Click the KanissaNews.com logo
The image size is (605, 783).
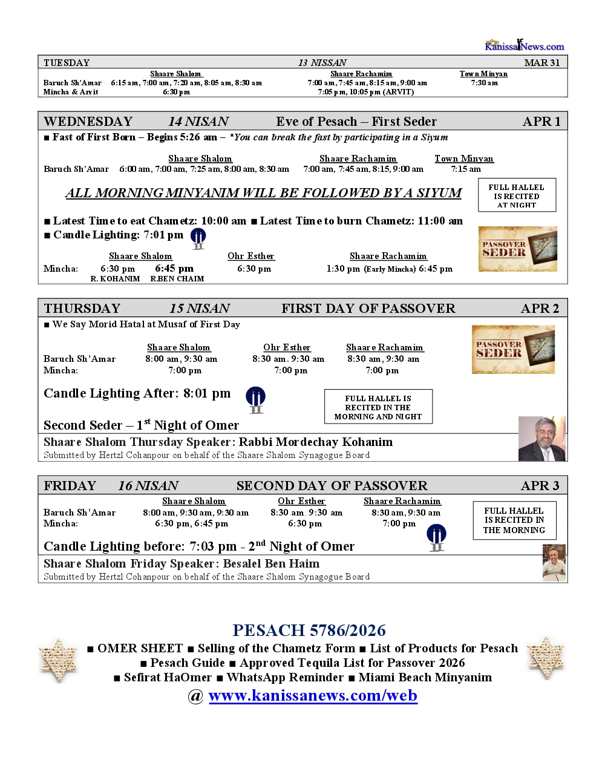[524, 45]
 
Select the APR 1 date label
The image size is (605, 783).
[541, 121]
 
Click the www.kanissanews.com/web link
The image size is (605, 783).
[313, 695]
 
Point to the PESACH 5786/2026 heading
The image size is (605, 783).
[309, 631]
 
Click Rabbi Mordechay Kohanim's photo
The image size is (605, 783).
[542, 439]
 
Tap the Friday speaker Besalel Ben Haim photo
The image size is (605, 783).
[554, 563]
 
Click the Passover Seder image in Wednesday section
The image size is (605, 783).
[517, 249]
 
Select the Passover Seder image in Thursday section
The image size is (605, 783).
[513, 349]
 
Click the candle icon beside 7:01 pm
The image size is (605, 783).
[198, 238]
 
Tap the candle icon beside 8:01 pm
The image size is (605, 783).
[255, 399]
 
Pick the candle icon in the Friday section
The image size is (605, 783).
[436, 537]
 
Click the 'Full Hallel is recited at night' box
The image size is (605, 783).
[517, 195]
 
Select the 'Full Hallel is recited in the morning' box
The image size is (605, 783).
[514, 520]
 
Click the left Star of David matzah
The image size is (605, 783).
[58, 661]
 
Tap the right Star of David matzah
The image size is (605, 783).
[546, 658]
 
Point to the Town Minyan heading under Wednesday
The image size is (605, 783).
[463, 159]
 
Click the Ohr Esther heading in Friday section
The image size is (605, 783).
[301, 501]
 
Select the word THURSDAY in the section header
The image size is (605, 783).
[82, 308]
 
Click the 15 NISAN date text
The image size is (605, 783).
[200, 308]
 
